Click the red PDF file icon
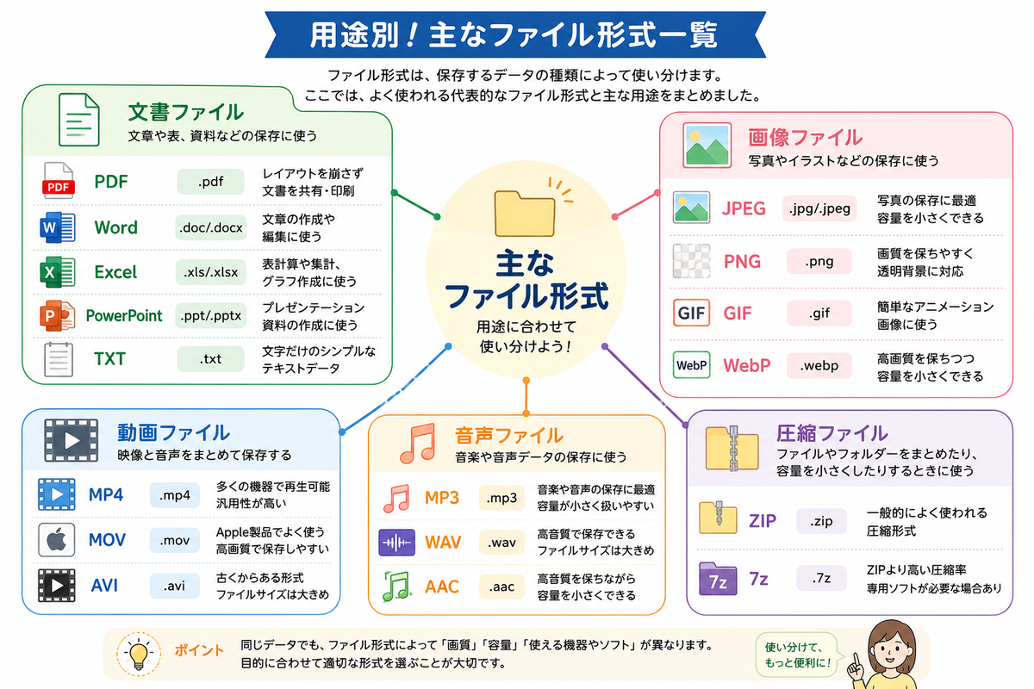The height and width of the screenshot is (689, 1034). point(59,181)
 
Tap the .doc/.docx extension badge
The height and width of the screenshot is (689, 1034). point(210,227)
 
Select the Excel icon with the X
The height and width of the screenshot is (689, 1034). point(58,272)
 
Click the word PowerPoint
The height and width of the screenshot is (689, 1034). point(124,316)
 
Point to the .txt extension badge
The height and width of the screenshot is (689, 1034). point(210,358)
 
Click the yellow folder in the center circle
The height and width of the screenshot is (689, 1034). point(525,214)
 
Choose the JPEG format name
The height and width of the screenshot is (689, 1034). point(744,208)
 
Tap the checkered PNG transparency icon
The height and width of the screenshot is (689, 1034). point(691,261)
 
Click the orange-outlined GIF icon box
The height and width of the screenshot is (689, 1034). point(691,313)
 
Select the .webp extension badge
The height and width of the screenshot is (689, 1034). point(819,365)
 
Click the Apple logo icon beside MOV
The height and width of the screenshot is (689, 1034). point(56,539)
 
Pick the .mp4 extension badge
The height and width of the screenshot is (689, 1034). point(174,495)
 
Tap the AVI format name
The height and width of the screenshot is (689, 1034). point(104,586)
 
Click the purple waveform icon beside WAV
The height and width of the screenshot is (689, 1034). point(396,543)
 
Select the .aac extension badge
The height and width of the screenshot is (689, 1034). point(501,587)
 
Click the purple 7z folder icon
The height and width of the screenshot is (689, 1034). point(717,579)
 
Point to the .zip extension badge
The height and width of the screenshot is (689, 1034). point(821,521)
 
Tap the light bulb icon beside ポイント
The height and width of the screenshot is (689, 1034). point(139,655)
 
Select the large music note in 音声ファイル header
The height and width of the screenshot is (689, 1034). point(418,443)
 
